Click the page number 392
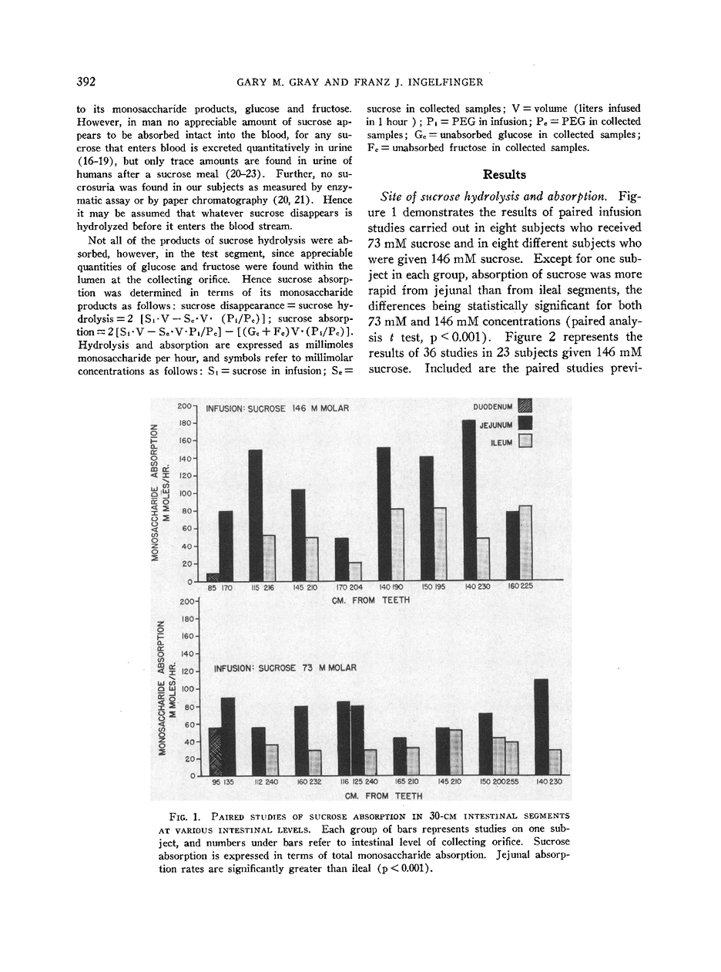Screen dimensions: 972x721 click(86, 82)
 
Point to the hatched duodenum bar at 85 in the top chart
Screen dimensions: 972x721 click(213, 577)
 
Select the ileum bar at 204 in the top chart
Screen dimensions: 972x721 click(355, 571)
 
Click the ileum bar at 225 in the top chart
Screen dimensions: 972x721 click(525, 543)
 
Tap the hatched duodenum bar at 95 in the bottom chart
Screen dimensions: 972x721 click(215, 752)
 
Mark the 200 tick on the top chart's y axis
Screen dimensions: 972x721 click(185, 405)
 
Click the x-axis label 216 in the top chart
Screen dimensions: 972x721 click(269, 587)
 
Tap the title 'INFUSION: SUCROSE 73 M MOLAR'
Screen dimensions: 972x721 click(285, 668)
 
